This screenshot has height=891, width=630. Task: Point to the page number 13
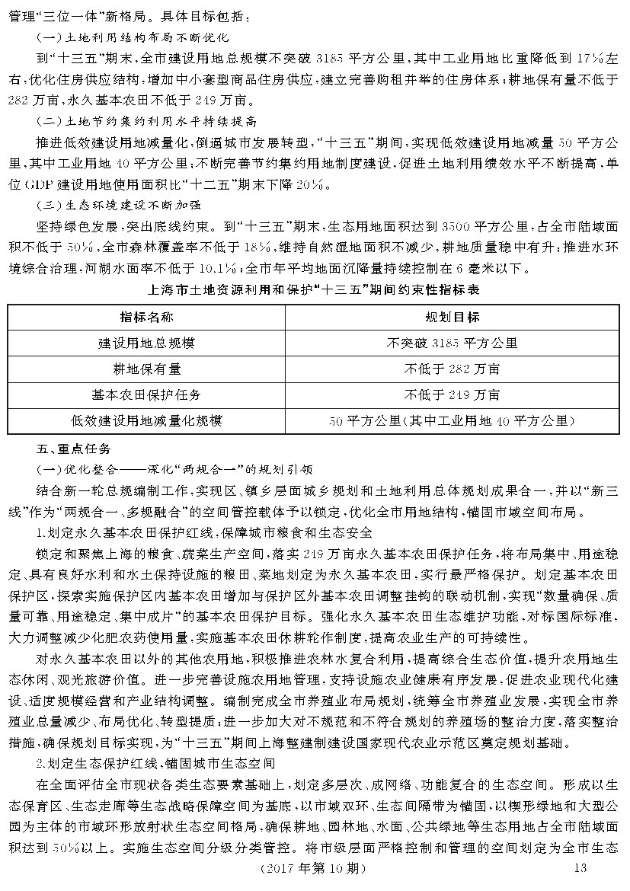(580, 869)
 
